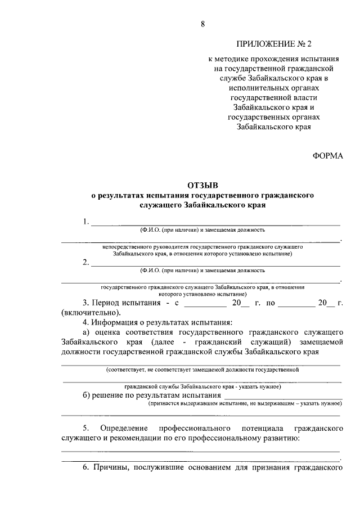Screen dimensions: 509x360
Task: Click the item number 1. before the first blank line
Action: point(85,221)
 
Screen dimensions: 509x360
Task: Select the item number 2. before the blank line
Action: point(85,262)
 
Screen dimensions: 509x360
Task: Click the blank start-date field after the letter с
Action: point(205,303)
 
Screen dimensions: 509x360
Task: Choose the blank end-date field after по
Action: point(295,303)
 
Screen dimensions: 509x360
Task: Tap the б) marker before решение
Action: point(87,395)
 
